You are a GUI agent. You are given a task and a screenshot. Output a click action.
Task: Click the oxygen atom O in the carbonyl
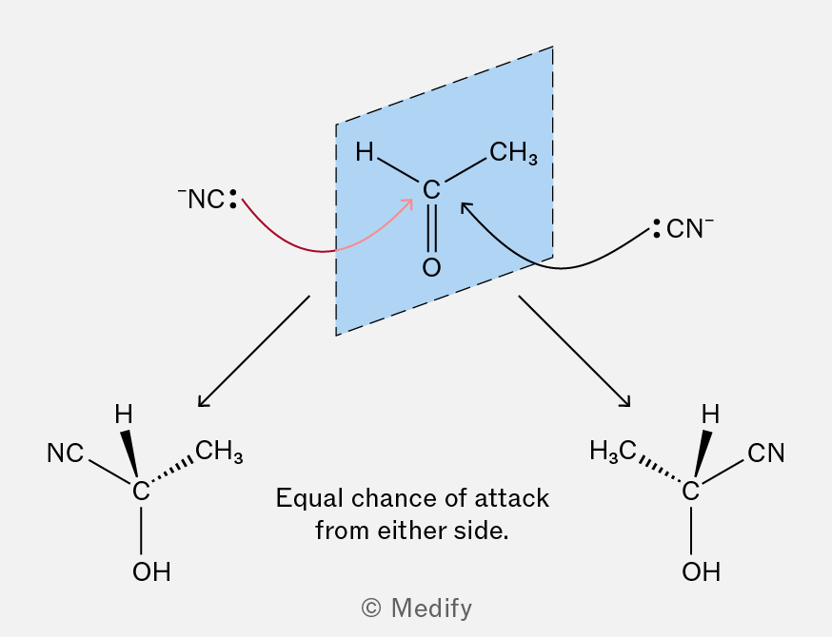[x=431, y=267]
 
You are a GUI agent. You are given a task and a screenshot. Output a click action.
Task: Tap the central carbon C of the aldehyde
[x=431, y=190]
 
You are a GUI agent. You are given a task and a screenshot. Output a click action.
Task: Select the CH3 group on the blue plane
[x=513, y=153]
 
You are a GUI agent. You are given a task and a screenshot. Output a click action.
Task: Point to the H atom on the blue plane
[x=365, y=151]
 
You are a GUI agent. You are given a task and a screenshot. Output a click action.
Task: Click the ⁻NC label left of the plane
[x=207, y=199]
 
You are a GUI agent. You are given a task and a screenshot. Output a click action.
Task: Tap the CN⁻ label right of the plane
[x=684, y=228]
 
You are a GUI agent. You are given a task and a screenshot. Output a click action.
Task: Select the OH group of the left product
[x=151, y=571]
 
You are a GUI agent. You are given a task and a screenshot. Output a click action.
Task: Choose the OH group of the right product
[x=702, y=571]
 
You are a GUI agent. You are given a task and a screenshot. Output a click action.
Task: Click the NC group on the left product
[x=66, y=454]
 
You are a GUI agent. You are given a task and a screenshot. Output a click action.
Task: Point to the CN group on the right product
[x=765, y=454]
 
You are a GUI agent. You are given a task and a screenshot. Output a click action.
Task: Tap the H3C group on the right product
[x=613, y=452]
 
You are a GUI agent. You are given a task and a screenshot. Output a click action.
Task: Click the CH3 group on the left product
[x=219, y=452]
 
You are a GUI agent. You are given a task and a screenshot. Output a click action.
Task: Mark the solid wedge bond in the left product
[x=129, y=454]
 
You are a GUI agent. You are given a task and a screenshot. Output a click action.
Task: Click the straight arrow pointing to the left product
[x=253, y=352]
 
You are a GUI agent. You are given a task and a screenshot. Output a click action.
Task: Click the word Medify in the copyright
[x=431, y=608]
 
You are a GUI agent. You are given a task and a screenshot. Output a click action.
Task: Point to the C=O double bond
[x=431, y=228]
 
